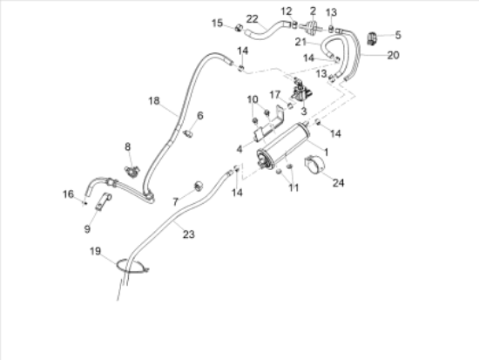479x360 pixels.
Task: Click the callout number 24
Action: pyautogui.click(x=338, y=182)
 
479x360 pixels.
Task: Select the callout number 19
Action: pyautogui.click(x=95, y=251)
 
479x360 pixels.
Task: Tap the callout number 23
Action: pyautogui.click(x=188, y=234)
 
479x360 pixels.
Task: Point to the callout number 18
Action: pyautogui.click(x=154, y=100)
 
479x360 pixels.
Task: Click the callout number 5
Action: pyautogui.click(x=398, y=35)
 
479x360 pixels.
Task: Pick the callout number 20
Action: pyautogui.click(x=393, y=56)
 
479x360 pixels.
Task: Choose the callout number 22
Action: pyautogui.click(x=253, y=19)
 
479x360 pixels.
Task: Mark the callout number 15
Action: pyautogui.click(x=217, y=23)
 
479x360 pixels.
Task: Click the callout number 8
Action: pyautogui.click(x=128, y=146)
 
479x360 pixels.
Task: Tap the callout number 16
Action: pyautogui.click(x=68, y=194)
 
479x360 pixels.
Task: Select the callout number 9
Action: pyautogui.click(x=87, y=228)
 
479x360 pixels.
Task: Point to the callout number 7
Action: pyautogui.click(x=175, y=201)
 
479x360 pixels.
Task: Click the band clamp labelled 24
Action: pyautogui.click(x=314, y=165)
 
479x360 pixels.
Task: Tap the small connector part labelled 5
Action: pyautogui.click(x=372, y=38)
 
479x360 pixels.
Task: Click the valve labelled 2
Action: pyautogui.click(x=311, y=26)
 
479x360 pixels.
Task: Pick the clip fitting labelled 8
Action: pyautogui.click(x=132, y=171)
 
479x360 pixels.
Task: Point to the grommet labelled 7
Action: pyautogui.click(x=199, y=186)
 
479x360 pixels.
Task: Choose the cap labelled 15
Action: pyautogui.click(x=239, y=28)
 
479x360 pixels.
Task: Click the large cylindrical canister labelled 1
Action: pyautogui.click(x=283, y=146)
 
